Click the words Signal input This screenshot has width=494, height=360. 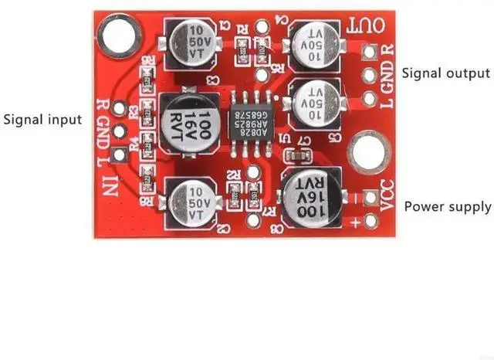pos(42,120)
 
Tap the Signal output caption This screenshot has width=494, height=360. pos(445,73)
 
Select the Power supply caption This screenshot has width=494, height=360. pos(448,207)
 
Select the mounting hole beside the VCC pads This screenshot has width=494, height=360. pos(366,152)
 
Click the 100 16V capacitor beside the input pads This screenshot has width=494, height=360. pos(185,123)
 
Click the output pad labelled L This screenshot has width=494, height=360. pos(370,99)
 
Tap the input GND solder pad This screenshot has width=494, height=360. pos(119,131)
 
